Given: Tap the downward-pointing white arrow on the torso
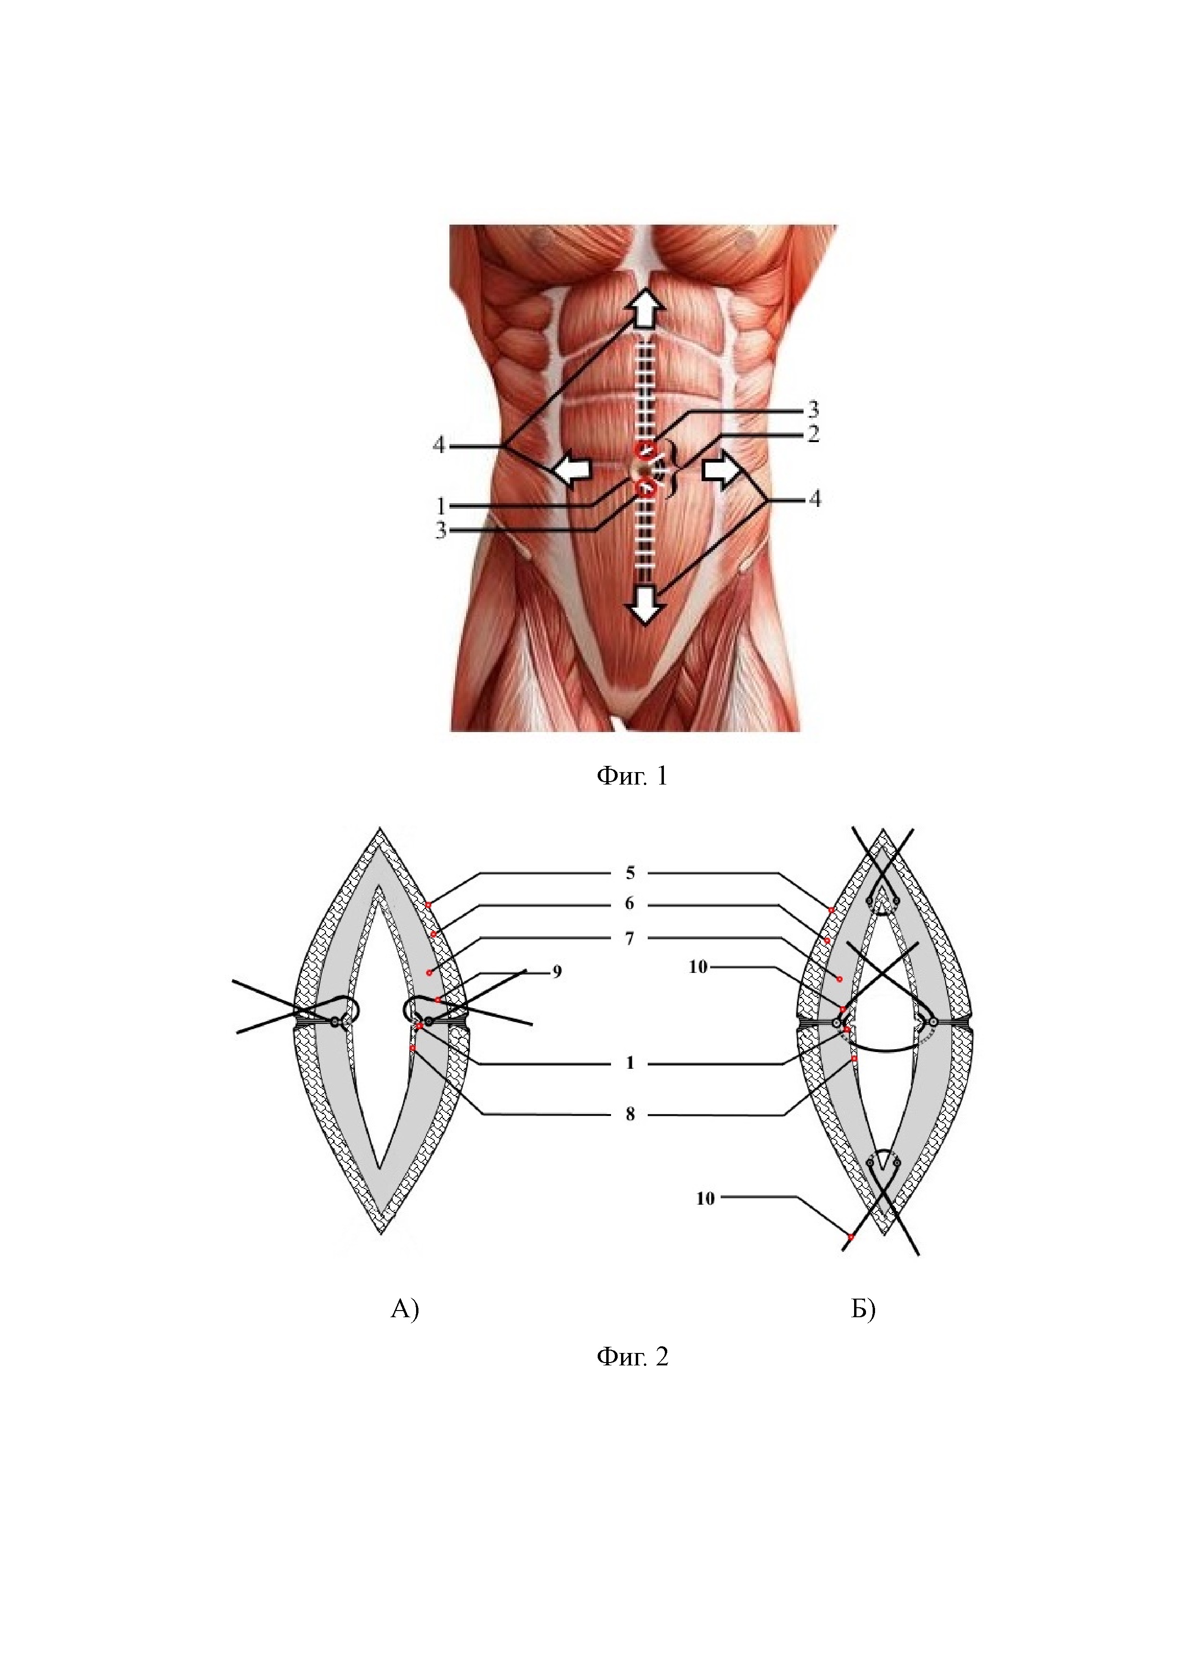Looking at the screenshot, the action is pyautogui.click(x=646, y=604).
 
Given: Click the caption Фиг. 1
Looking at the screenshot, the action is pyautogui.click(x=632, y=776).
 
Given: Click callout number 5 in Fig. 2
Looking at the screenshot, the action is pyautogui.click(x=630, y=873).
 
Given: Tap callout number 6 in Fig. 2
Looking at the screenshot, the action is pyautogui.click(x=630, y=904).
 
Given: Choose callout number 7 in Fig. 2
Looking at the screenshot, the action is pyautogui.click(x=630, y=939).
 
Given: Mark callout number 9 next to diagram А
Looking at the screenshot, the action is pyautogui.click(x=557, y=972).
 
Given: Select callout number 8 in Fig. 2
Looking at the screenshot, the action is pyautogui.click(x=630, y=1114).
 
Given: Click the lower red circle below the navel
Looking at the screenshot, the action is pyautogui.click(x=645, y=490).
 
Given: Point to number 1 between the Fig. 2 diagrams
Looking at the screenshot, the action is pyautogui.click(x=630, y=1063).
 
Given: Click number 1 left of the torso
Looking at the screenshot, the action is pyautogui.click(x=440, y=505).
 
